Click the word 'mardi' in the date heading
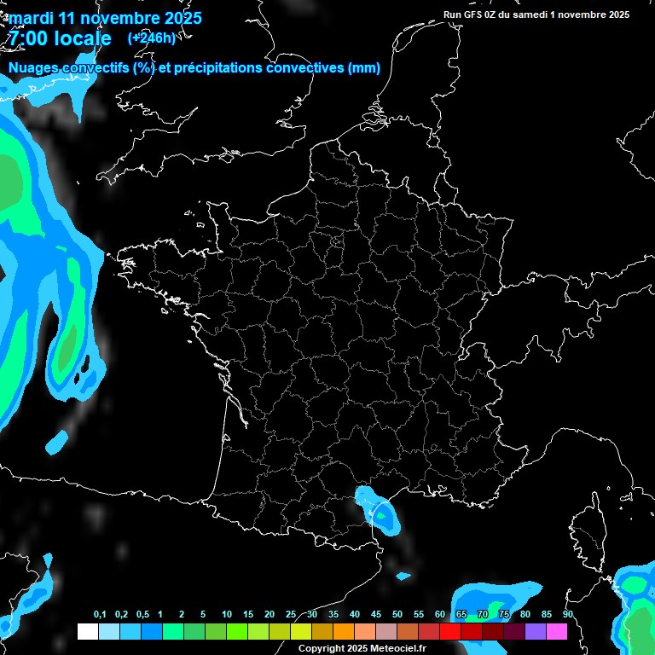pos(30,18)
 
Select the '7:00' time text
pos(27,39)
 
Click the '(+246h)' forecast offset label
pos(151,38)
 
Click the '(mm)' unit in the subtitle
pos(364,68)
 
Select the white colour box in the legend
pos(87,632)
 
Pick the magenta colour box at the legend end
pos(557,632)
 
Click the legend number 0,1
pos(100,615)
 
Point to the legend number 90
pos(568,615)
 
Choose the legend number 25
pos(291,615)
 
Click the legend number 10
pos(227,615)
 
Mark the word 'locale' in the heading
pos(81,39)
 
